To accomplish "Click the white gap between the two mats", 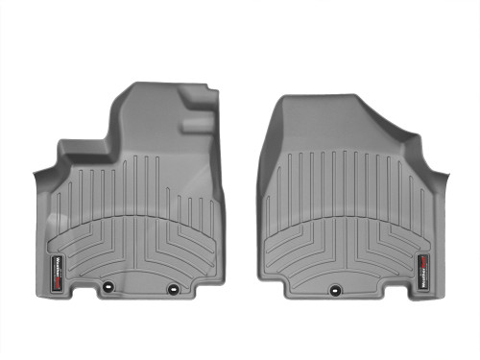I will [240, 192].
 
